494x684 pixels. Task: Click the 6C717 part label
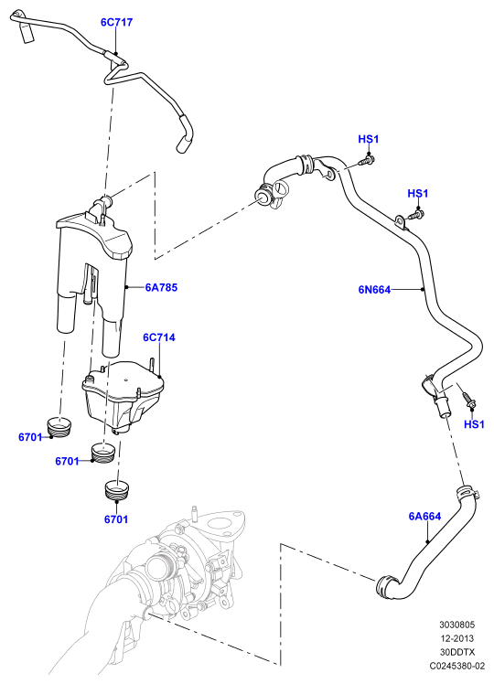click(116, 22)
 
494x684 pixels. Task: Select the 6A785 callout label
click(162, 287)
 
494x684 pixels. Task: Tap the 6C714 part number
click(159, 337)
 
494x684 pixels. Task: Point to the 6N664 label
click(374, 289)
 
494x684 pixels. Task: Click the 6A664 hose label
click(424, 516)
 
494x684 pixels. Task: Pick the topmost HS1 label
click(369, 139)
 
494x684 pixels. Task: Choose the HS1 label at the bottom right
click(474, 424)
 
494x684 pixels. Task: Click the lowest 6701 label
click(115, 519)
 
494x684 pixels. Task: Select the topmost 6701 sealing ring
click(59, 426)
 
